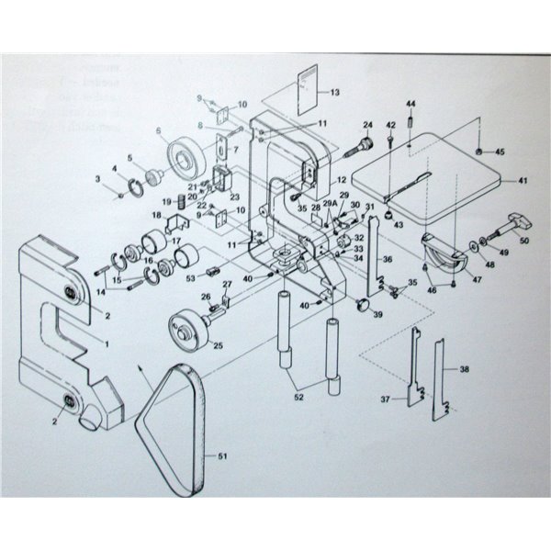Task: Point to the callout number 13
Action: (x=334, y=92)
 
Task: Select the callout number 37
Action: (x=386, y=400)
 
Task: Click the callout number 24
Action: (x=366, y=125)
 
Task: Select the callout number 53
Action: (x=190, y=276)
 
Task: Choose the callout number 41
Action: (x=523, y=181)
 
